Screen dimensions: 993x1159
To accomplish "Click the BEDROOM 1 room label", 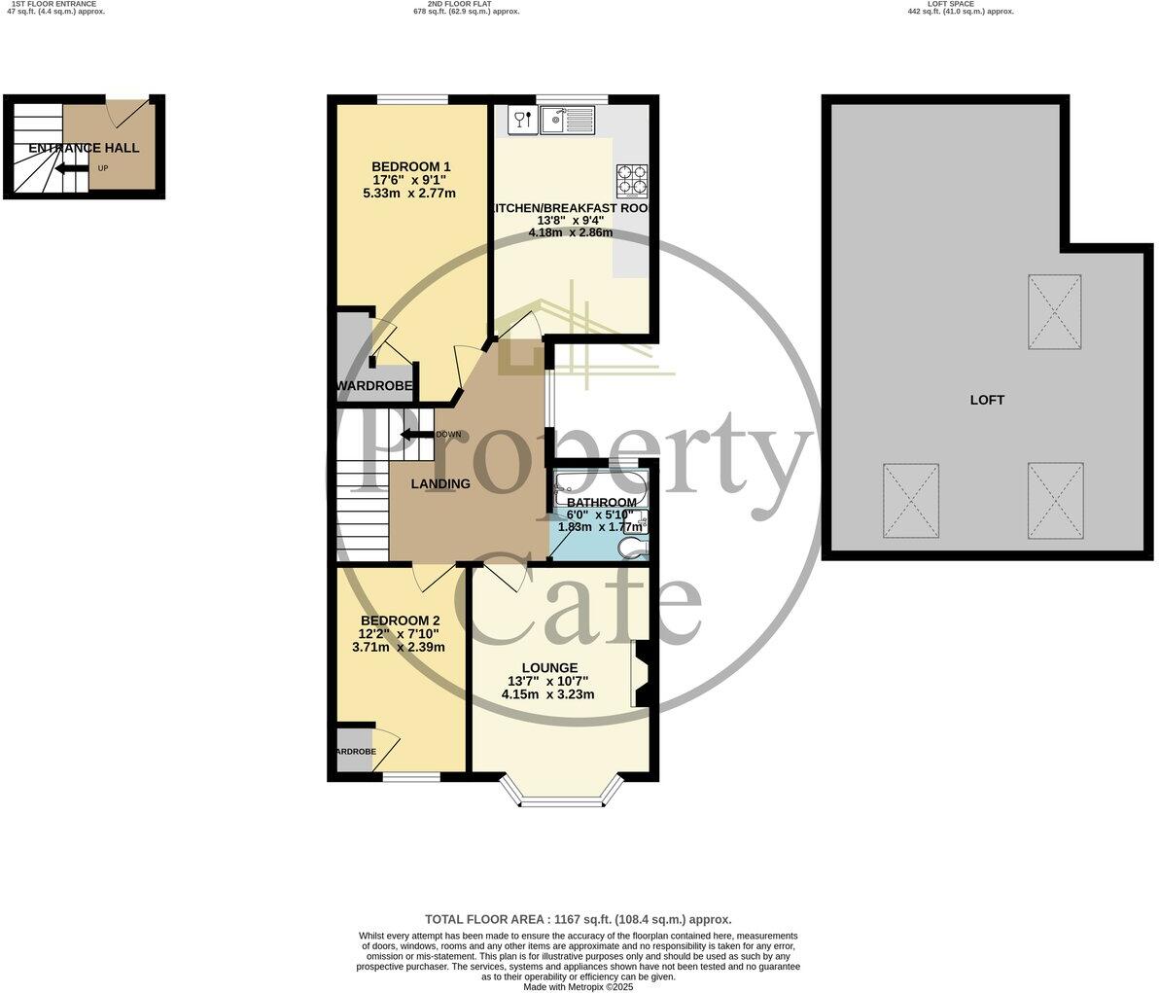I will click(411, 166).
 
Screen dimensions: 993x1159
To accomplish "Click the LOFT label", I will click(987, 400).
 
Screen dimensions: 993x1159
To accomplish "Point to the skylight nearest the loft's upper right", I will click(1054, 312).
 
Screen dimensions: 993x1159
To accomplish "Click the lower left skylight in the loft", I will click(911, 500).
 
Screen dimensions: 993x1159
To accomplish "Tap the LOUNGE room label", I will click(549, 668).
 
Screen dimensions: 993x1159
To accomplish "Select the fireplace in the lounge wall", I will click(641, 673).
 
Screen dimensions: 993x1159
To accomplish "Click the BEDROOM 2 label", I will click(400, 621).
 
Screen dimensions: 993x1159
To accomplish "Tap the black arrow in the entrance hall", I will click(71, 168).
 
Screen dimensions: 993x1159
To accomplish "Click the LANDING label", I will click(440, 483).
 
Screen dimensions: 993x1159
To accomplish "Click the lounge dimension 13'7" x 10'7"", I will click(548, 681).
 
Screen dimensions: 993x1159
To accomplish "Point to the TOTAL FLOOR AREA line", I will click(578, 919).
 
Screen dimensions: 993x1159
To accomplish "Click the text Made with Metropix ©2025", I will click(578, 986).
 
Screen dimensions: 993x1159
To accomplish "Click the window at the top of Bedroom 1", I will click(412, 98).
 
